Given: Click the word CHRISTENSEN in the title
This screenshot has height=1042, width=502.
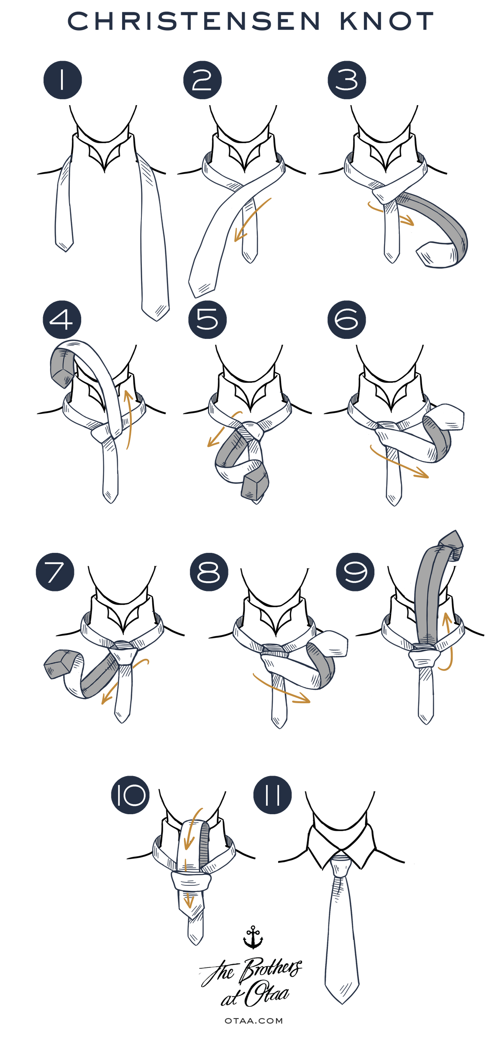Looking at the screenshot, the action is (x=194, y=21).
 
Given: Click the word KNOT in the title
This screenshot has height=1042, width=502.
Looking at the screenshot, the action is (x=387, y=21).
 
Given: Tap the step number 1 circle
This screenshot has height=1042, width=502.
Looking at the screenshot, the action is (x=63, y=80).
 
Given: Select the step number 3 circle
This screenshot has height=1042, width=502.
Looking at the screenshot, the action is (x=347, y=80).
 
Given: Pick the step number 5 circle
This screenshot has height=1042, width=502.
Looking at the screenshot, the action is (x=207, y=320).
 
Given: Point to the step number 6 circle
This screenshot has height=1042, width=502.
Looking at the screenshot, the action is (x=346, y=320).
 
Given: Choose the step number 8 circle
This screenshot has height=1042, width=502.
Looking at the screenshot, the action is (x=209, y=572).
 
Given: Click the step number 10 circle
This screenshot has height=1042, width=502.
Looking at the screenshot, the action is (x=130, y=795).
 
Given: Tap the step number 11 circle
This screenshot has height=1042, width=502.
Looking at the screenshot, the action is (x=272, y=795).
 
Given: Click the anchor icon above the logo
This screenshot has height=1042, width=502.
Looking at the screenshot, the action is (x=253, y=937).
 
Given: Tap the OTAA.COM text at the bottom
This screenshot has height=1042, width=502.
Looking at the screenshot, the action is (x=254, y=1021).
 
